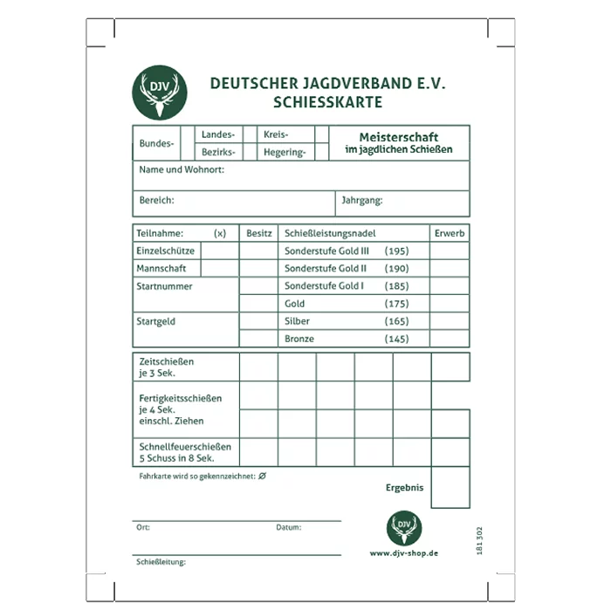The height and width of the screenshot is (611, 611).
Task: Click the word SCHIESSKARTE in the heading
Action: coord(327,102)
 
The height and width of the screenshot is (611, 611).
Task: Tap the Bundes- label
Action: coord(156,143)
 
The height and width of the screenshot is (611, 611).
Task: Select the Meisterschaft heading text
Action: coord(399,137)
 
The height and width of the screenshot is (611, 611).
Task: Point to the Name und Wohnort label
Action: coord(182,170)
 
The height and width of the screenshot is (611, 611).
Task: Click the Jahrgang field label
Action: coord(361,201)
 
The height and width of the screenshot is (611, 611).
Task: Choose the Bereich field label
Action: coord(157,201)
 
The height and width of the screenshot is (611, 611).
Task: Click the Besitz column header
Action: coord(259,234)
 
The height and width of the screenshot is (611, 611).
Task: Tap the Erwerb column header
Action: coord(450,234)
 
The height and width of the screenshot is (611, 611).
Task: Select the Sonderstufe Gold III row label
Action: coord(327,251)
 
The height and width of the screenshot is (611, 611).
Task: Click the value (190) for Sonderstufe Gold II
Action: coord(396,269)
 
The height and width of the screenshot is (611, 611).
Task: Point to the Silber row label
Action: coord(298,321)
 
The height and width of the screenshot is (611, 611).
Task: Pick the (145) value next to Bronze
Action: coord(396,339)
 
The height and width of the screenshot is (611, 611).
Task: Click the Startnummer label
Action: coord(164,286)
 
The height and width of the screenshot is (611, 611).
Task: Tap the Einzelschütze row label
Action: coord(162,251)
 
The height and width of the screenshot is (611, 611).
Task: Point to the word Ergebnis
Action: coord(404,488)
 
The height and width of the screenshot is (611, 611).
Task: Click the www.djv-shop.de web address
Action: coord(403,553)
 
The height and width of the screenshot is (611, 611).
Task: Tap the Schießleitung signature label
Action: coord(161,562)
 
